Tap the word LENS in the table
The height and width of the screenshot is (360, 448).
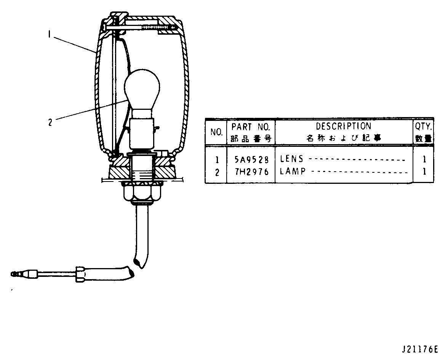292,159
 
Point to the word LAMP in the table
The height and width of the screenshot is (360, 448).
293,171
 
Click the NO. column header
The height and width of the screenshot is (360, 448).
216,132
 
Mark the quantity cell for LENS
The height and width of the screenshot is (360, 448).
424,159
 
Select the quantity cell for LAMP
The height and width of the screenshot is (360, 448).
424,172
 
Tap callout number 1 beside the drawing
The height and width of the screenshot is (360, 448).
49,34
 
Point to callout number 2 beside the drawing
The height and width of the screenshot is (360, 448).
50,122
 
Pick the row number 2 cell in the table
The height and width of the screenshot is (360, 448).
217,172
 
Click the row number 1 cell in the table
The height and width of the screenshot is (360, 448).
217,159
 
